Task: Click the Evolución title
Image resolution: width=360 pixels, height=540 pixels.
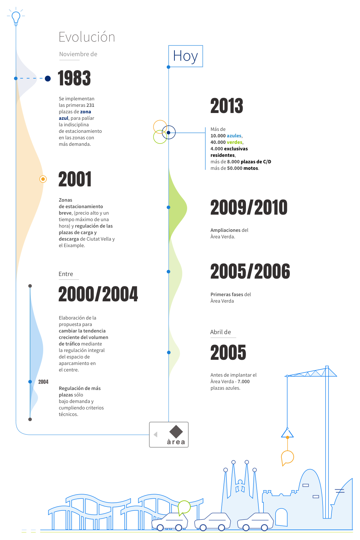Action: point(87,37)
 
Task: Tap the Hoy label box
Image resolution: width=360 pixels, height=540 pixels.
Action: point(186,56)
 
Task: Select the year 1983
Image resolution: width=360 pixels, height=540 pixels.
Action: point(74,78)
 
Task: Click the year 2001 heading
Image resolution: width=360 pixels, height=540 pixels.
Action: point(75,179)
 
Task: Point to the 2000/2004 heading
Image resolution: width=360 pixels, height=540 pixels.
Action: point(98,294)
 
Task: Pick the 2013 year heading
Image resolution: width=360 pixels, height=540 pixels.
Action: point(227,106)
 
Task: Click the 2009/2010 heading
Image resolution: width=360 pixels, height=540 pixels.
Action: point(249,207)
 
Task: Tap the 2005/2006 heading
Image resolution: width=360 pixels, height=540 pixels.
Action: point(250,271)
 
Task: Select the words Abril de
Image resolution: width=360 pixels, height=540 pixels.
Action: point(221,332)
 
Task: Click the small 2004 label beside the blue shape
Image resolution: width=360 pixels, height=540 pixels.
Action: point(43,382)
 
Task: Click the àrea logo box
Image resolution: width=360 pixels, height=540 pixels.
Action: point(169,434)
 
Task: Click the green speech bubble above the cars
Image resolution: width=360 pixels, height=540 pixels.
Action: point(184,507)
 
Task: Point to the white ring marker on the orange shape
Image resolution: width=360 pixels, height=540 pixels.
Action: point(43,179)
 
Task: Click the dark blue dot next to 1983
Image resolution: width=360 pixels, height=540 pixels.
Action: point(48,78)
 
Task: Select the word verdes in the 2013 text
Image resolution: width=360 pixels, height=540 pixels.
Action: point(235,142)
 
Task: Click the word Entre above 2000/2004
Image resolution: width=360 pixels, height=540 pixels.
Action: point(66,274)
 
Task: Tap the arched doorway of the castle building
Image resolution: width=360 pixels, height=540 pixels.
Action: point(281,517)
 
